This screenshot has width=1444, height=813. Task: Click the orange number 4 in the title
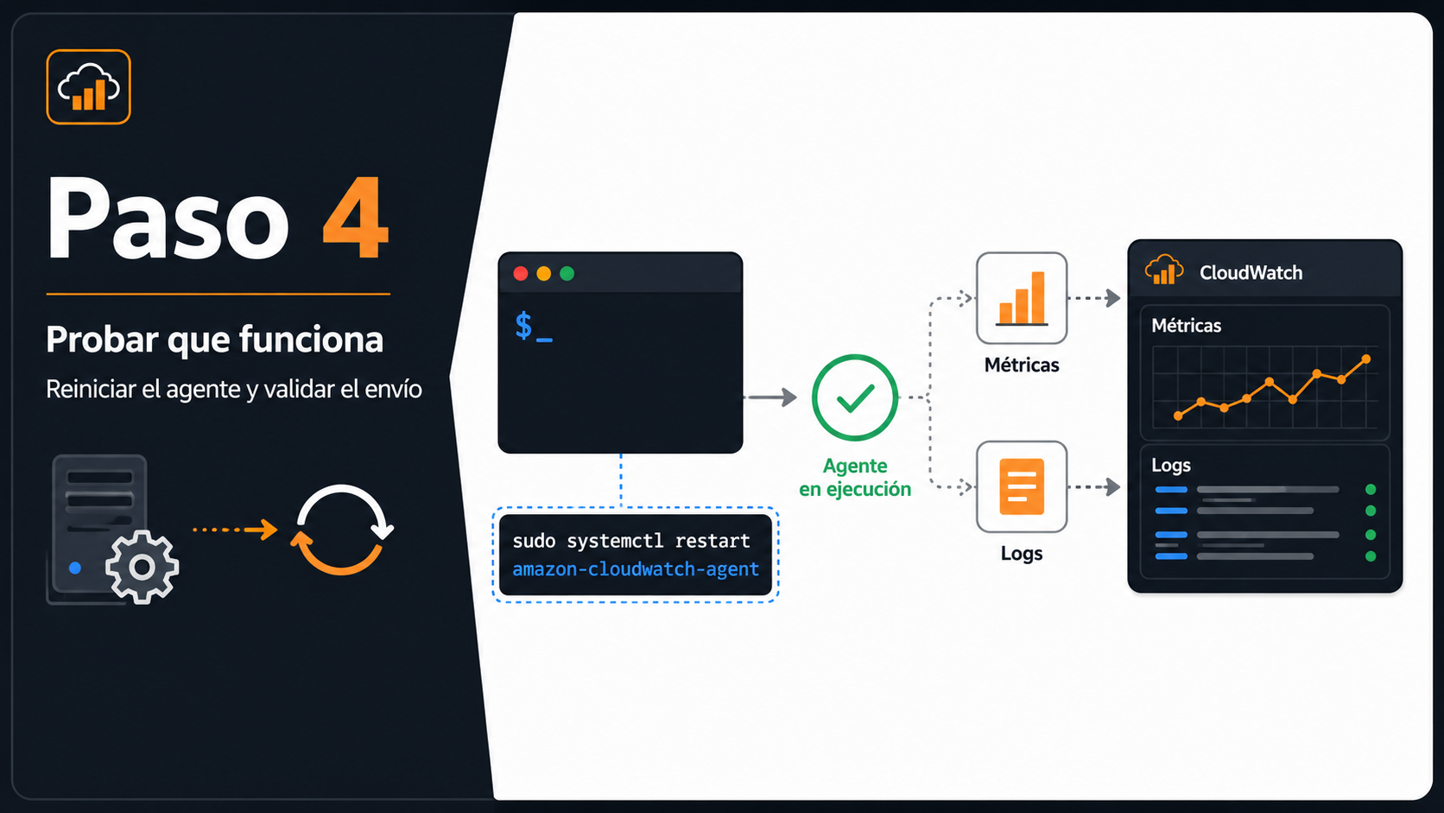356,217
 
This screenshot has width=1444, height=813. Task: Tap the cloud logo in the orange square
88,86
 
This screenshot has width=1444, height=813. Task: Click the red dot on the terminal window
521,273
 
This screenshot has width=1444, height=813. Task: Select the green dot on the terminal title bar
567,273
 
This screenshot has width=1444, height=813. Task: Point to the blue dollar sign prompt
523,326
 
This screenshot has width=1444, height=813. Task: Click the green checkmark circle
855,397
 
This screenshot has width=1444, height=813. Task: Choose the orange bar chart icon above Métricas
1022,298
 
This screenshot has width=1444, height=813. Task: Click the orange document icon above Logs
1022,486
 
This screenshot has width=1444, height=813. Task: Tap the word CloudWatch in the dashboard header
1251,273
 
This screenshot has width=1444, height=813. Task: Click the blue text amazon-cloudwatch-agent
636,569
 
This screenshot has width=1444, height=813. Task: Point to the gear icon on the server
142,568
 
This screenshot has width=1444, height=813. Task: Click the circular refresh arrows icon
342,530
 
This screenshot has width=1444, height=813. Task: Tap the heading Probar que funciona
215,340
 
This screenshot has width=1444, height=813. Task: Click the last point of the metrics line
1366,359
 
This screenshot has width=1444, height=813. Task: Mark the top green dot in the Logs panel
1371,489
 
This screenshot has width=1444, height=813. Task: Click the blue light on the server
75,568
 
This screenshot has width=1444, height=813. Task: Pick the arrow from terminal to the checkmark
770,397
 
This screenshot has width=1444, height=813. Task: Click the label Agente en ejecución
855,477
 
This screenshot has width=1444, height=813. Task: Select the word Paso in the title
168,219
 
